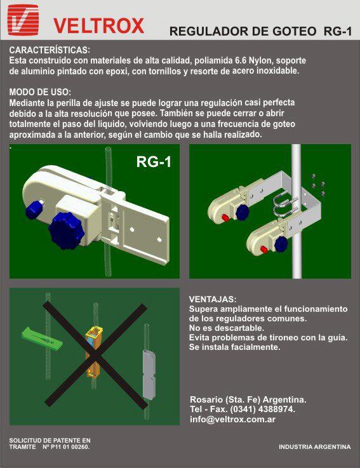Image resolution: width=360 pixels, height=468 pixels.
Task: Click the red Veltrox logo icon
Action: (23, 20)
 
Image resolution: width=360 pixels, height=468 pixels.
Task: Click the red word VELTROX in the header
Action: (99, 25)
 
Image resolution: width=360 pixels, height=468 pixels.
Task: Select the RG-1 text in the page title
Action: (338, 31)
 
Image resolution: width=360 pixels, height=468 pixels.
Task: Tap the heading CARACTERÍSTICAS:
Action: (50, 50)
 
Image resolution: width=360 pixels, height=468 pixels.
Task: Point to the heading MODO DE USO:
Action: (40, 92)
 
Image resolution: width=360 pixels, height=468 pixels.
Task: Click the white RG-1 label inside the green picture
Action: (154, 162)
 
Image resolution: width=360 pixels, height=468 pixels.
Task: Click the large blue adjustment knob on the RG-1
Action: (66, 231)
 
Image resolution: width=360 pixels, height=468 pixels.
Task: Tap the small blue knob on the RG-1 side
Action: (34, 209)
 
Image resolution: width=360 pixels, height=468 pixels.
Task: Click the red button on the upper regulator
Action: (225, 217)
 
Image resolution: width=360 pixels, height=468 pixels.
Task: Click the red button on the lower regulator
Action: (263, 249)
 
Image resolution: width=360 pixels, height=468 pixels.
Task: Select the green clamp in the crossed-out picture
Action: (42, 338)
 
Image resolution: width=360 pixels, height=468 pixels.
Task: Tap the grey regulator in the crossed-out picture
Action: (149, 375)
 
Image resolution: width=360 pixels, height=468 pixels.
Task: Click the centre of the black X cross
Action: (95, 355)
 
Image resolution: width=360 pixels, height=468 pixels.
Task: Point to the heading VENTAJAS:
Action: (213, 299)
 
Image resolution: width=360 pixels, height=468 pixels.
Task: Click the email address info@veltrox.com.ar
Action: (232, 419)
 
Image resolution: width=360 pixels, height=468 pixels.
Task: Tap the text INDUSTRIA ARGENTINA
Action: (315, 447)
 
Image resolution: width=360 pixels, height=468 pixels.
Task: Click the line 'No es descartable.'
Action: (227, 328)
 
